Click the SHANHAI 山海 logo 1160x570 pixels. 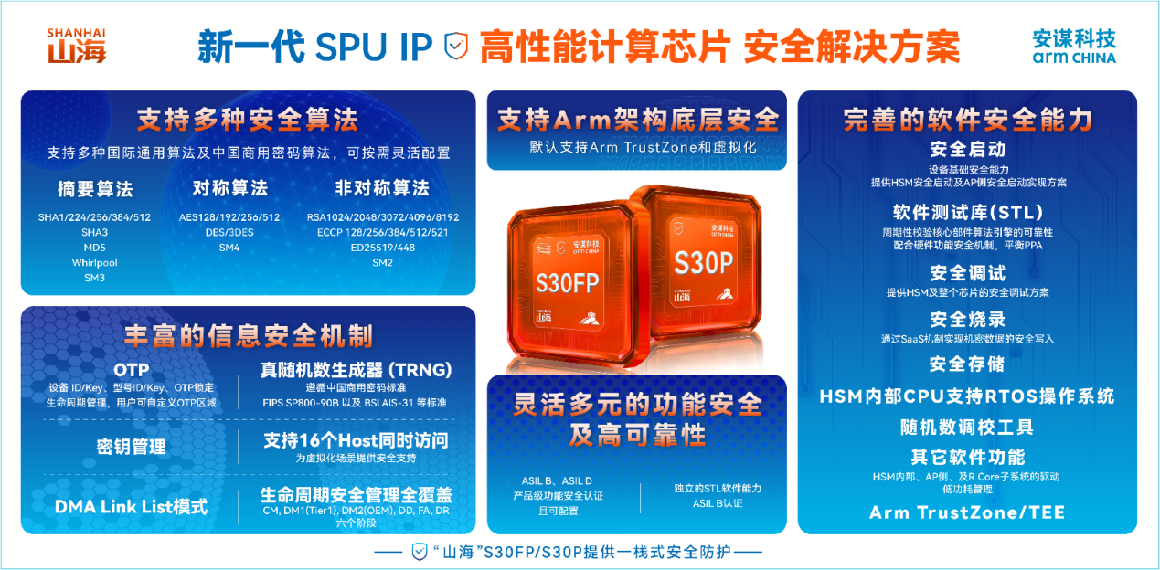pos(76,45)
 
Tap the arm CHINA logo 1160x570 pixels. pos(1074,47)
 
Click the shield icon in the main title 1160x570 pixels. pos(455,47)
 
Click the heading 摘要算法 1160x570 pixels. pos(95,189)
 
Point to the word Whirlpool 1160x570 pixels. pos(95,262)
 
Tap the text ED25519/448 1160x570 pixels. pos(382,247)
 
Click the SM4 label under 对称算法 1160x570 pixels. pos(229,247)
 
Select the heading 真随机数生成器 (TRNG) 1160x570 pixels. pos(356,370)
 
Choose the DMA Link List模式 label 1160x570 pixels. pos(131,506)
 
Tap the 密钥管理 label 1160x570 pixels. pos(131,447)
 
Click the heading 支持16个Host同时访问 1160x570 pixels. pos(356,440)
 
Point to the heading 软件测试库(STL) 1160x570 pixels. pos(967,212)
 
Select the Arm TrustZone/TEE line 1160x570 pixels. pos(967,512)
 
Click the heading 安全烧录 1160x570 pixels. pos(967,320)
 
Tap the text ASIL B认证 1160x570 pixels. pos(718,503)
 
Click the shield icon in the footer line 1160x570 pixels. pos(420,552)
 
